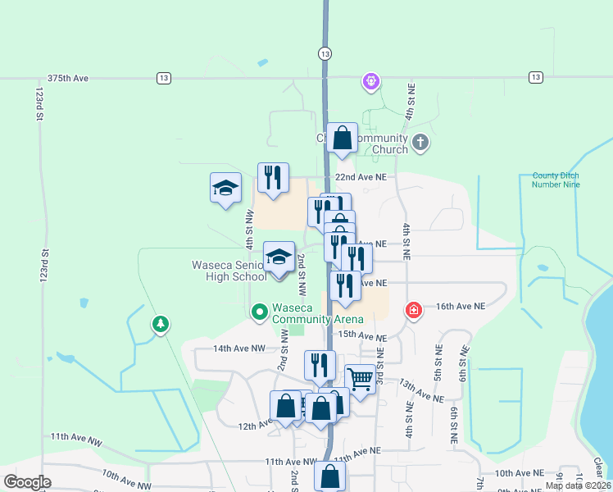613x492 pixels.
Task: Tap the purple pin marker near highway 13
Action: point(370,81)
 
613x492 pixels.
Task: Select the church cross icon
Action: point(420,143)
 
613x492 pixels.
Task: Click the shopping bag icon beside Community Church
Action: point(342,139)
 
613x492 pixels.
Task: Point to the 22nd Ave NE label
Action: point(360,176)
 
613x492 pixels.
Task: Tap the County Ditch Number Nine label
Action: point(556,180)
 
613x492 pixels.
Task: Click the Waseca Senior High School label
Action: point(229,271)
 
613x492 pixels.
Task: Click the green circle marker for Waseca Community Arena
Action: point(259,312)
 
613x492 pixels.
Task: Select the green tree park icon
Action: point(160,325)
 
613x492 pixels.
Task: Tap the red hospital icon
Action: point(414,310)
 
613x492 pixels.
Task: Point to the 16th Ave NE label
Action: point(461,305)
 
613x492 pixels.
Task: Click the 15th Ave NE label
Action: point(362,335)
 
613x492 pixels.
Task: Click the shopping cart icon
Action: point(359,379)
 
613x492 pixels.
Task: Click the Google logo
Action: point(27,482)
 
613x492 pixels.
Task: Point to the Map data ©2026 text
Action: point(578,485)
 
